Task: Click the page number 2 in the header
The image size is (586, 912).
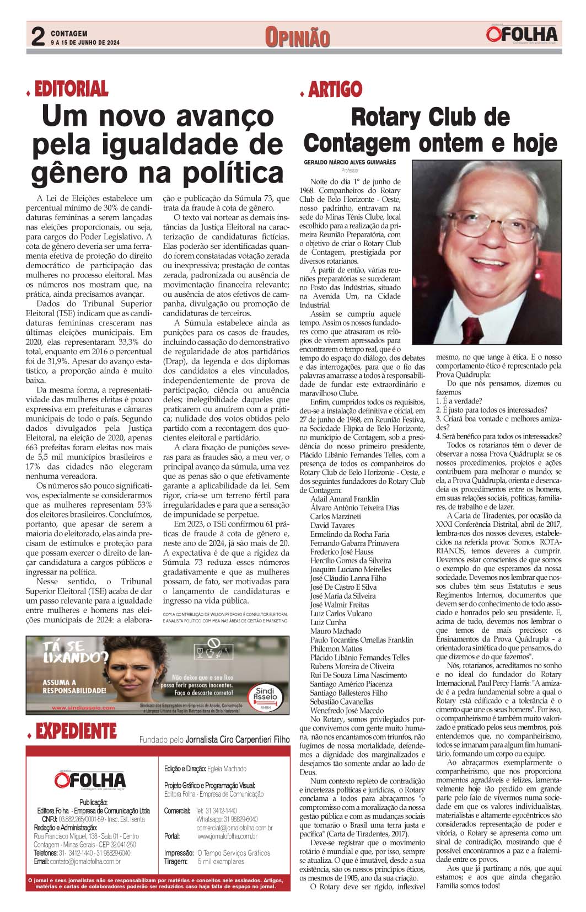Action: tap(37, 37)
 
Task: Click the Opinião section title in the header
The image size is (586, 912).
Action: tap(297, 38)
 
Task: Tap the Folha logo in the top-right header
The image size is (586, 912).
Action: tap(522, 34)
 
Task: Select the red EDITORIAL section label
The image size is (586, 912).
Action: tap(71, 89)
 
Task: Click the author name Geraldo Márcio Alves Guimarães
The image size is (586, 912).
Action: tap(350, 163)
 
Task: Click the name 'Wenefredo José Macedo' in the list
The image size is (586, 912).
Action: tap(347, 711)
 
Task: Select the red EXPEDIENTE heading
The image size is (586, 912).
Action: tap(76, 732)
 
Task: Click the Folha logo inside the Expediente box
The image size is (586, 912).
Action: tap(90, 780)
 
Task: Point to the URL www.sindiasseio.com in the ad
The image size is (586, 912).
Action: tap(83, 708)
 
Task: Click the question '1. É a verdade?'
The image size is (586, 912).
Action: tap(459, 401)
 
